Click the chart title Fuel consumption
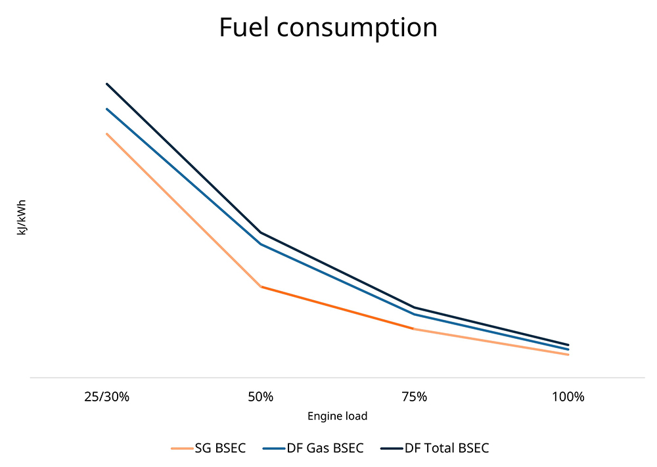click(328, 28)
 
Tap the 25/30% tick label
click(107, 397)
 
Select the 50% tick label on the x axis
click(261, 397)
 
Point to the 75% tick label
click(414, 397)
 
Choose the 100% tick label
click(568, 397)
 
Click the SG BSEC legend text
click(220, 448)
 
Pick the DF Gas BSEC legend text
click(325, 448)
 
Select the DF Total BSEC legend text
click(447, 448)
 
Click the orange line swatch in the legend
click(181, 449)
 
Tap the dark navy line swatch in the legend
click(391, 449)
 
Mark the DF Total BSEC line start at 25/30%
click(107, 84)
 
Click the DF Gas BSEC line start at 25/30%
click(107, 109)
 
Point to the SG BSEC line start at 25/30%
click(107, 134)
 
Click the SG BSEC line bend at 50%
click(261, 287)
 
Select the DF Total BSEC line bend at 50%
click(261, 232)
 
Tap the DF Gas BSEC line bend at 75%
click(414, 314)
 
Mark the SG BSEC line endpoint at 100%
click(568, 355)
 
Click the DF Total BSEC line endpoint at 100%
click(568, 344)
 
